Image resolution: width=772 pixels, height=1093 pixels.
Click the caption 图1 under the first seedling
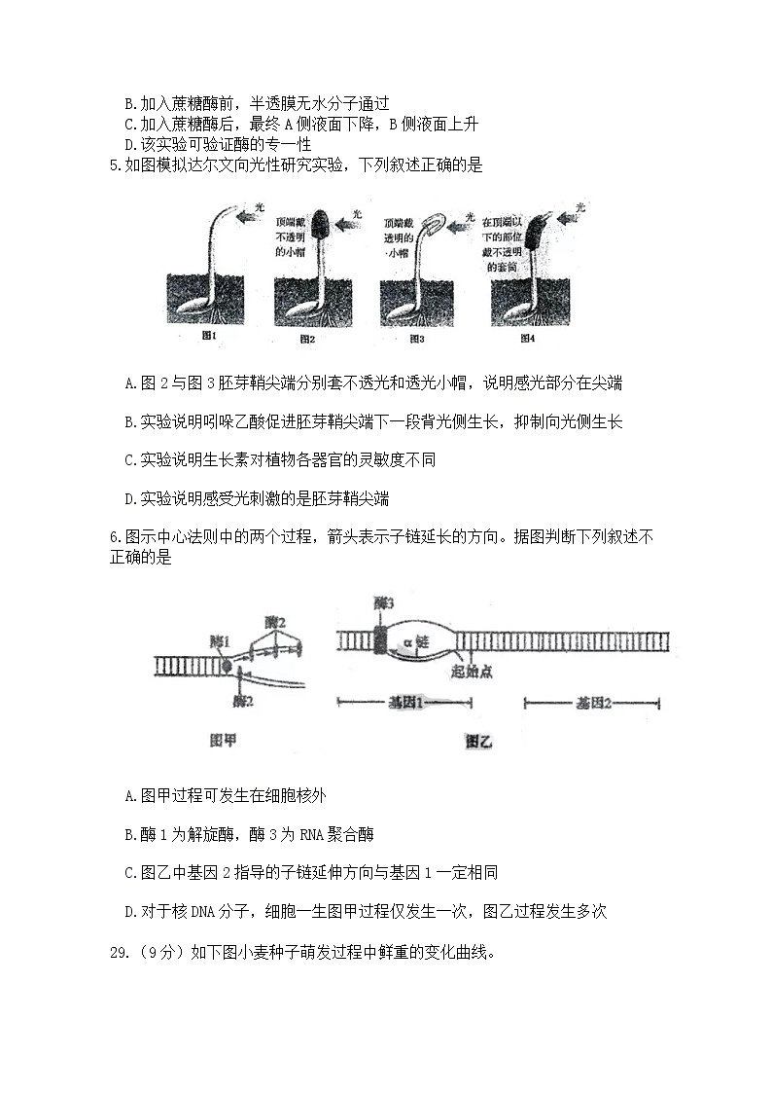(x=207, y=337)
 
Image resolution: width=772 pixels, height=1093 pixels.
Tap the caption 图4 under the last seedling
(x=527, y=338)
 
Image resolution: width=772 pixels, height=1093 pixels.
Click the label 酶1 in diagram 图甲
(x=220, y=641)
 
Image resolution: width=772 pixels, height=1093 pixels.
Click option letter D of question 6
(x=130, y=911)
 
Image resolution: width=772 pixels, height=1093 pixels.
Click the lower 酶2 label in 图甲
(x=244, y=700)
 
